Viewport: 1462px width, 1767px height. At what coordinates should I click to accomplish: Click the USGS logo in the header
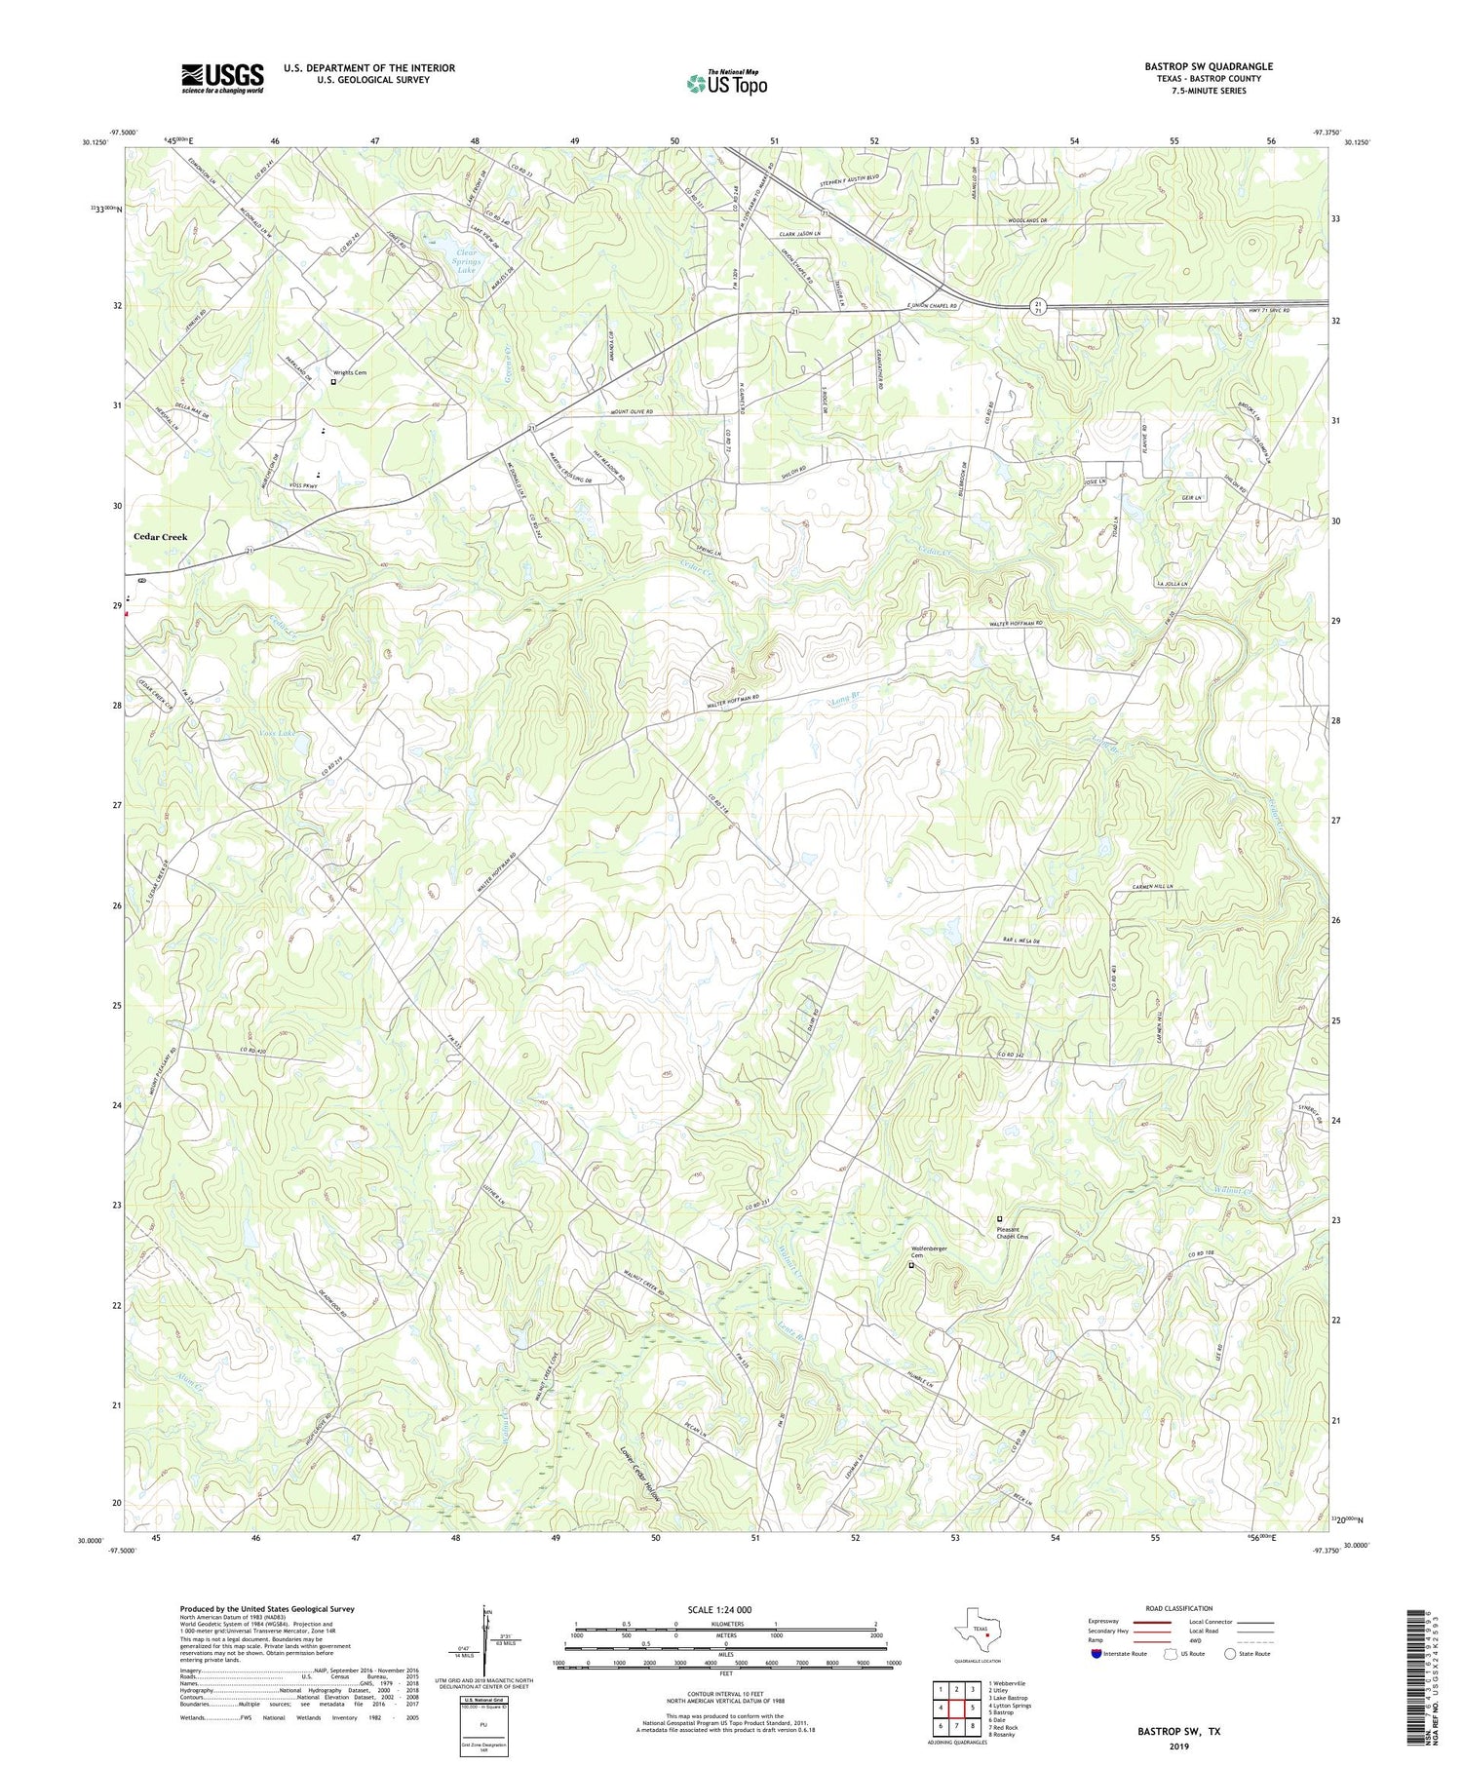tap(222, 78)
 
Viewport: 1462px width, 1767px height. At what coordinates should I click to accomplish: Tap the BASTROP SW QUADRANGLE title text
tap(1208, 66)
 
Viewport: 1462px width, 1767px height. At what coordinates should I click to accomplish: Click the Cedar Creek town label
tap(161, 537)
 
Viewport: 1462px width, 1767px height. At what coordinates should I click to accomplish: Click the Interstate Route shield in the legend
tap(1096, 1654)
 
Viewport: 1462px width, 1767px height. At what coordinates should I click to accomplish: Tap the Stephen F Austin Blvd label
tap(847, 178)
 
